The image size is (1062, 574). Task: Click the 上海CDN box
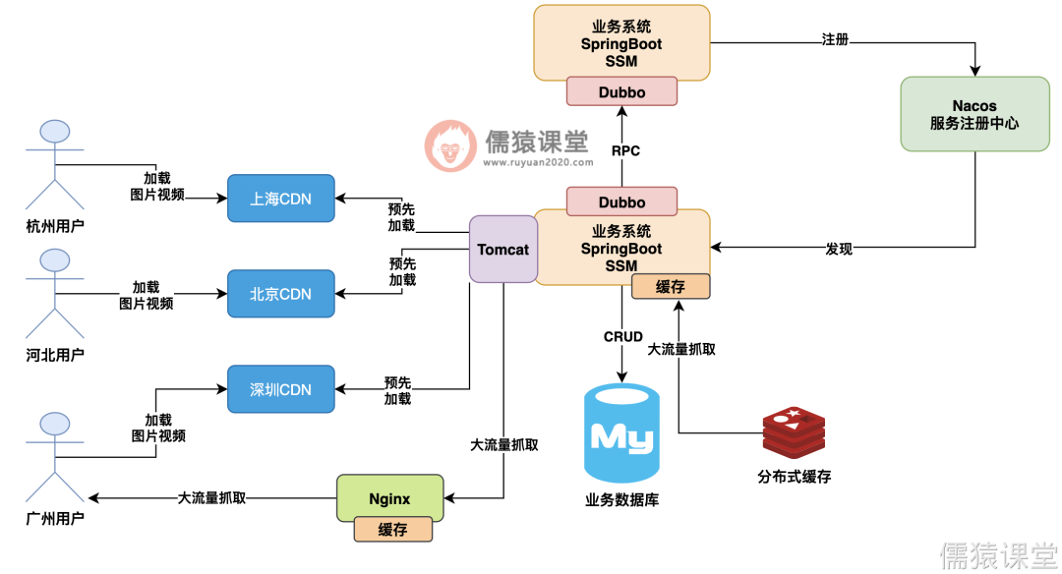(x=280, y=199)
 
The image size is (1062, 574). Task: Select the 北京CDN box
(x=280, y=294)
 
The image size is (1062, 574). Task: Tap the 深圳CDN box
(x=280, y=389)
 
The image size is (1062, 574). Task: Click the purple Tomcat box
(x=502, y=250)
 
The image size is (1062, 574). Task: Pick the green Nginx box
(x=389, y=499)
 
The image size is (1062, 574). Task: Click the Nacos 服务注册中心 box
(x=974, y=114)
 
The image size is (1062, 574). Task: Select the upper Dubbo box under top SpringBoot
(x=621, y=92)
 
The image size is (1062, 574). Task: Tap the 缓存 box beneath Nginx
(x=392, y=530)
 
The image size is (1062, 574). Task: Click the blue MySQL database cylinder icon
(x=621, y=432)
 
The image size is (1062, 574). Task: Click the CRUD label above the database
(x=622, y=336)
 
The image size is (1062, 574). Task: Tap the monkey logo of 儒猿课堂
(x=450, y=146)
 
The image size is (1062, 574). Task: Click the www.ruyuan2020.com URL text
(x=538, y=164)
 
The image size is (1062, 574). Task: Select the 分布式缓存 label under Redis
(x=794, y=477)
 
